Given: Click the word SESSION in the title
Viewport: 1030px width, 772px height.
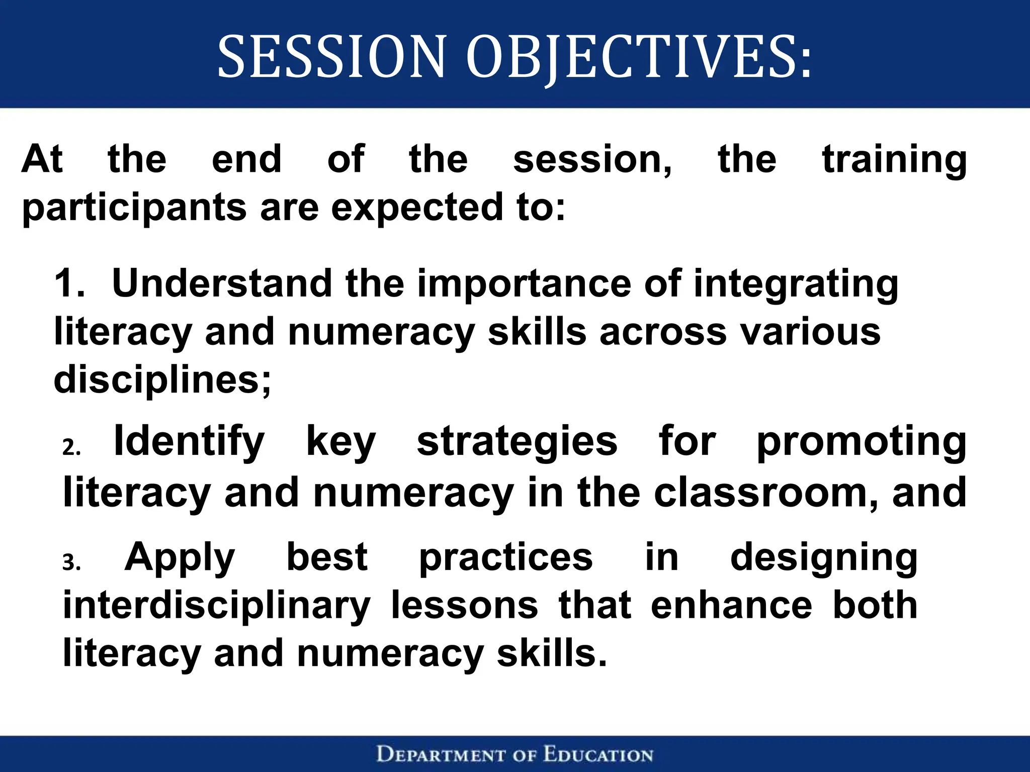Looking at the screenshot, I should pyautogui.click(x=331, y=56).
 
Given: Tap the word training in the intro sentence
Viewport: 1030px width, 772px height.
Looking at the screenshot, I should pyautogui.click(x=894, y=160).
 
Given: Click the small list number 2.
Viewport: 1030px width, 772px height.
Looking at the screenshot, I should pyautogui.click(x=71, y=447).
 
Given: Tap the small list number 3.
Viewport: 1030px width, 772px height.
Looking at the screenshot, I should pyautogui.click(x=71, y=562).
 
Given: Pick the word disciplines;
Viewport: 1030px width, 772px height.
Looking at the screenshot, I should pyautogui.click(x=162, y=380).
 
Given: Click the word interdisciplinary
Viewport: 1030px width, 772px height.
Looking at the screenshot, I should pyautogui.click(x=216, y=606).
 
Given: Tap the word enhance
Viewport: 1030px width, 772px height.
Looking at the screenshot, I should pyautogui.click(x=731, y=605).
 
